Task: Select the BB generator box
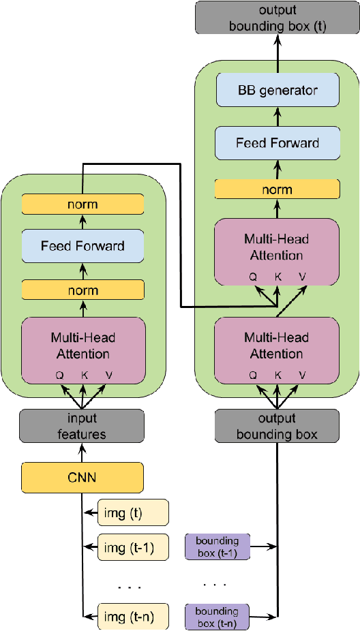[x=277, y=89]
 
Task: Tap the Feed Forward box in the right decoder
[x=277, y=143]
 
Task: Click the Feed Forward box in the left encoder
[x=83, y=245]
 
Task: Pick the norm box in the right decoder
[x=277, y=189]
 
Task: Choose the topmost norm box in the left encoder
[x=83, y=204]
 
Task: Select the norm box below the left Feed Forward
[x=83, y=290]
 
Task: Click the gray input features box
[x=82, y=425]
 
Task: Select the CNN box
[x=82, y=478]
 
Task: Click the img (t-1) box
[x=132, y=547]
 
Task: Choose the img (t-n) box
[x=132, y=617]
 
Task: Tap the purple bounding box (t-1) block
[x=217, y=547]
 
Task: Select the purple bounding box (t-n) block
[x=217, y=617]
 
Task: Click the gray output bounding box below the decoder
[x=277, y=425]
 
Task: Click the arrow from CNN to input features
[x=82, y=452]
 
